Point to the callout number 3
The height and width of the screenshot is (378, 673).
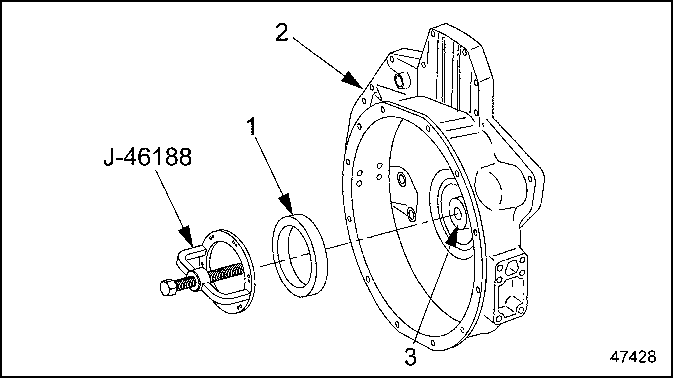click(x=410, y=357)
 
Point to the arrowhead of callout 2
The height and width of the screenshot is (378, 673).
click(x=354, y=82)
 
